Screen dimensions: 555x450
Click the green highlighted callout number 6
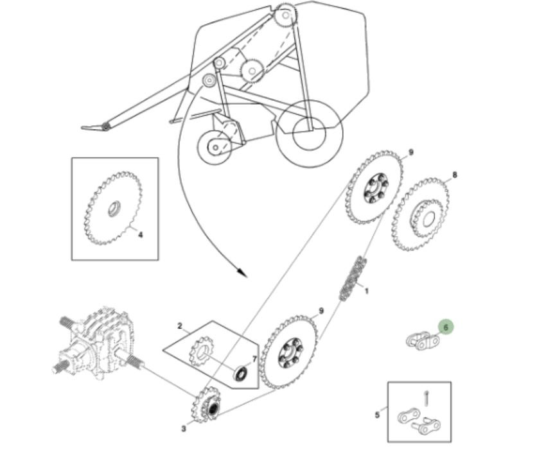[446, 327]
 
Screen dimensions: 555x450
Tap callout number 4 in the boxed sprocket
[141, 234]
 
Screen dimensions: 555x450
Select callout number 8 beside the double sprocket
[455, 175]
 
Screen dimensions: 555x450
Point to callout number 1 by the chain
[367, 291]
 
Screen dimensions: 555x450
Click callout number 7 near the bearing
[254, 359]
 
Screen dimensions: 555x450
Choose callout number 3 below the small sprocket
[183, 429]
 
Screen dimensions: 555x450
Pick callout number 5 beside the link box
[377, 415]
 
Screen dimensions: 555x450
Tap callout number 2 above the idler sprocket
[180, 326]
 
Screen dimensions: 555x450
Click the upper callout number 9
[411, 152]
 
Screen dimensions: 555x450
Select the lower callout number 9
[321, 311]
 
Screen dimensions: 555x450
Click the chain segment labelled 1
[353, 279]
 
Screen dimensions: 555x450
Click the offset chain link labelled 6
[423, 340]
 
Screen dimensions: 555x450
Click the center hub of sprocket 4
[114, 209]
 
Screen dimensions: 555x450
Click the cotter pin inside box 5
[427, 399]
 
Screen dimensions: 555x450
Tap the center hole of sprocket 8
[428, 220]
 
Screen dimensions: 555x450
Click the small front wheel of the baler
[215, 147]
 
